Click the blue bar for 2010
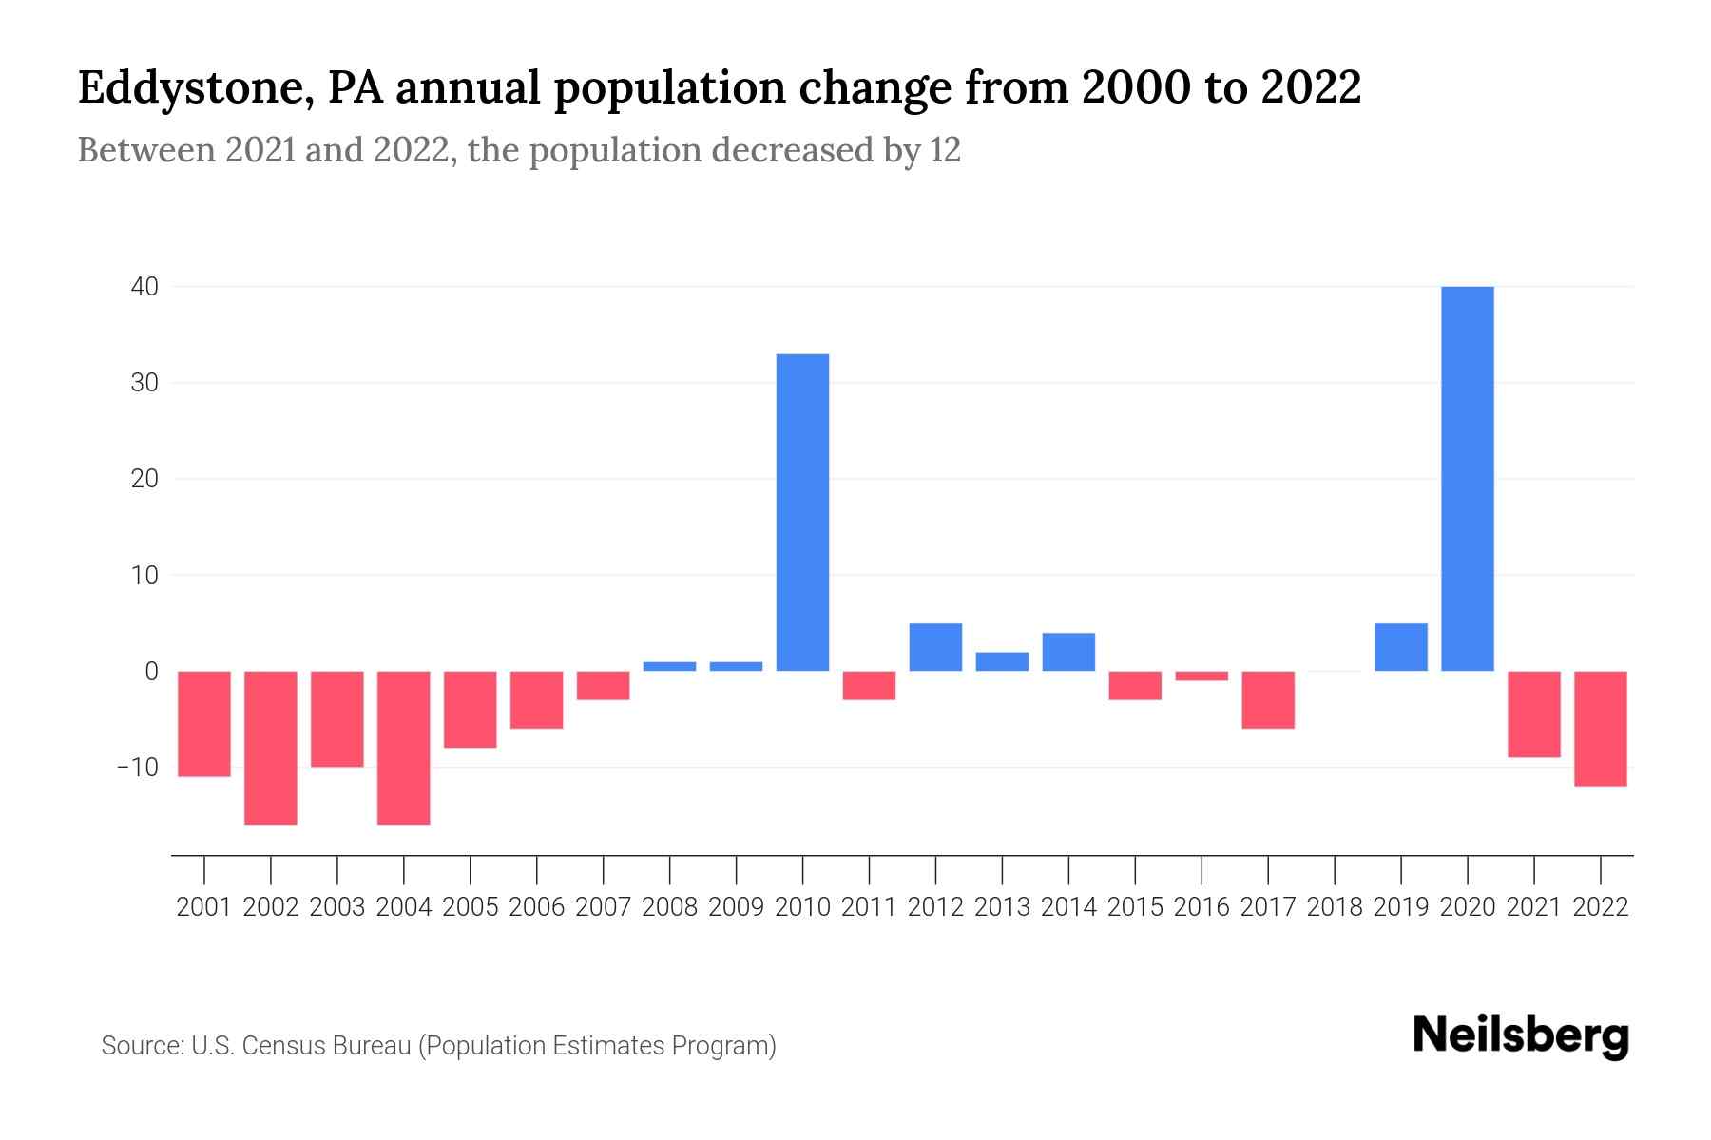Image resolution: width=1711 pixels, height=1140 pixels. click(x=802, y=512)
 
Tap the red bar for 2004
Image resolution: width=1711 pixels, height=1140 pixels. click(x=404, y=747)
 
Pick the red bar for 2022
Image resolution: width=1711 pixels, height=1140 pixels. click(x=1601, y=728)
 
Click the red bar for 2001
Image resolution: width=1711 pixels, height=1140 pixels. click(x=204, y=723)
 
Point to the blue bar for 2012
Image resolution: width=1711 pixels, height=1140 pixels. click(x=935, y=647)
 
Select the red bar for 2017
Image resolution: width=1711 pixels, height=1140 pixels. click(x=1268, y=699)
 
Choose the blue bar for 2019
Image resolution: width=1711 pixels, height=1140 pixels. click(x=1401, y=647)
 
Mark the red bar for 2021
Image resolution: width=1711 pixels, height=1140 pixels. click(x=1534, y=713)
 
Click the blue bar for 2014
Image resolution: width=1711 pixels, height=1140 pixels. click(x=1068, y=652)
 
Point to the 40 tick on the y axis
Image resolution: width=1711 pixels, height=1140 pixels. click(x=144, y=286)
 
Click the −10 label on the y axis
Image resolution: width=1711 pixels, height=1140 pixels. click(x=137, y=767)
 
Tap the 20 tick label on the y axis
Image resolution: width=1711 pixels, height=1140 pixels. click(x=144, y=479)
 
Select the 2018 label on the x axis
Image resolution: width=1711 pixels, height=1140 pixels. click(x=1335, y=907)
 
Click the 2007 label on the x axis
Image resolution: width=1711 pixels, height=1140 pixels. click(x=603, y=907)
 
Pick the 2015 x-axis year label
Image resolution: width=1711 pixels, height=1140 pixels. click(x=1135, y=907)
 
